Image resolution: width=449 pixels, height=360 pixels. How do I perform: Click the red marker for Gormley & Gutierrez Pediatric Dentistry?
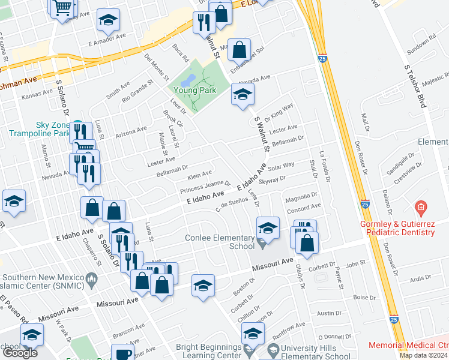tap(421, 208)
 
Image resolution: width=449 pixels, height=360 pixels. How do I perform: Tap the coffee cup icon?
tap(123, 353)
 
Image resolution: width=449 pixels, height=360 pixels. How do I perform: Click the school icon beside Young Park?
tap(243, 94)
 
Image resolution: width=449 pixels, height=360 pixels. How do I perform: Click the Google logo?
tap(20, 352)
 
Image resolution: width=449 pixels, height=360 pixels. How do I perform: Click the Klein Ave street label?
tap(200, 175)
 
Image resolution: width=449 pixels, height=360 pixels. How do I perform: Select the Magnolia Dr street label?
tap(302, 196)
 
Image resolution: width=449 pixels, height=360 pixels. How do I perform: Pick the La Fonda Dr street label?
tap(325, 166)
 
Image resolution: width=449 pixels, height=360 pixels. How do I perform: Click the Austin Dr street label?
tap(329, 313)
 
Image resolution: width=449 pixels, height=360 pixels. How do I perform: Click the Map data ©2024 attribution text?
tap(423, 355)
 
